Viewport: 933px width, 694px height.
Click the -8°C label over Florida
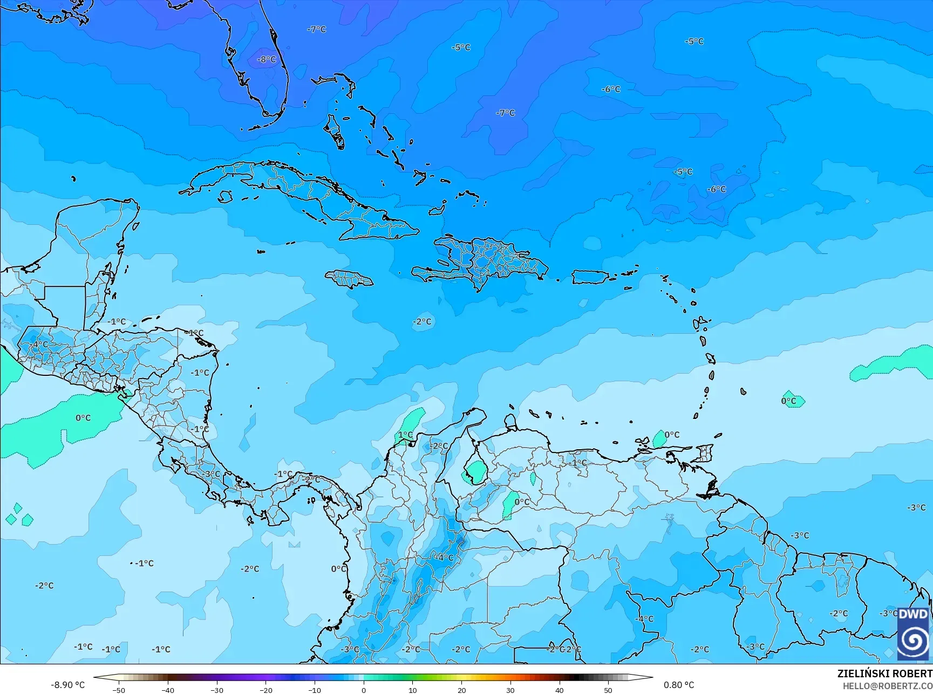pyautogui.click(x=267, y=59)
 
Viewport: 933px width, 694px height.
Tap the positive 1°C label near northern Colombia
pyautogui.click(x=405, y=435)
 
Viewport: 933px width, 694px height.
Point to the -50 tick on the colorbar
pyautogui.click(x=119, y=690)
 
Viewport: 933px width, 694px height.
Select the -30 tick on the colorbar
pyautogui.click(x=217, y=690)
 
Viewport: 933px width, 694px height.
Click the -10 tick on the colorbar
pyautogui.click(x=315, y=690)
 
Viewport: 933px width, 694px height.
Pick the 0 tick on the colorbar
pyautogui.click(x=364, y=690)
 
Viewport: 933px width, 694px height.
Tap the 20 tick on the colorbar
pyautogui.click(x=461, y=690)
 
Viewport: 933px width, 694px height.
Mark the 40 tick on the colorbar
pyautogui.click(x=559, y=690)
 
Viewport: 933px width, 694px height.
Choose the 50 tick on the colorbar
pyautogui.click(x=608, y=690)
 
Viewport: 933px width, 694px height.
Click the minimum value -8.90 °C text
pyautogui.click(x=68, y=685)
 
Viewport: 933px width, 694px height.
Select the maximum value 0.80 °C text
pyautogui.click(x=679, y=685)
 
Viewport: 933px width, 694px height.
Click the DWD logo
pyautogui.click(x=913, y=634)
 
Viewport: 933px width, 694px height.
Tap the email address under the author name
pyautogui.click(x=888, y=685)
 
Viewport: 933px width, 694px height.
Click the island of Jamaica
pyautogui.click(x=349, y=278)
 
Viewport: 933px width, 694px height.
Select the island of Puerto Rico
pyautogui.click(x=590, y=277)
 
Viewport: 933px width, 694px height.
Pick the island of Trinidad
pyautogui.click(x=704, y=453)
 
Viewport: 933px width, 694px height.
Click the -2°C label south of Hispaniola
pyautogui.click(x=423, y=321)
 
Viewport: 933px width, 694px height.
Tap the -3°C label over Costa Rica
pyautogui.click(x=212, y=474)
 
